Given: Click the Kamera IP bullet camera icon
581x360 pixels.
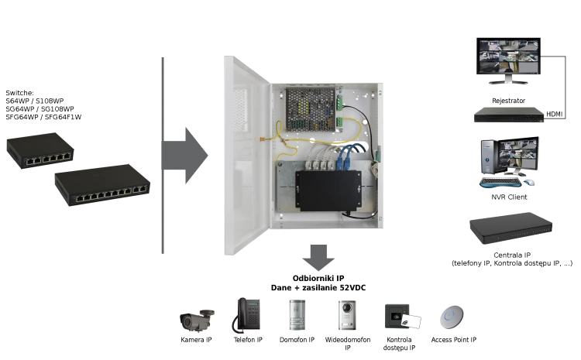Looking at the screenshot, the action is (197, 320).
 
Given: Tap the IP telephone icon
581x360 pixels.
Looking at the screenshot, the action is (246, 315).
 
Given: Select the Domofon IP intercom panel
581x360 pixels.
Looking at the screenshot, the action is (297, 315).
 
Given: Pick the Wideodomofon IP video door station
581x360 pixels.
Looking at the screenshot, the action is (347, 315).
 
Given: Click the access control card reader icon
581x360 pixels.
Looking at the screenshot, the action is (402, 317).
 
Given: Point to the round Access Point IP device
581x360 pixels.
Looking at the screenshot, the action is (452, 317).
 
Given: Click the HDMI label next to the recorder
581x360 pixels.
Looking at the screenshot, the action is (555, 114).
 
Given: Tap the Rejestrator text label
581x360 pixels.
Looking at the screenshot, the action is (508, 101).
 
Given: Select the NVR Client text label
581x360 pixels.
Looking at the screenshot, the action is (509, 197).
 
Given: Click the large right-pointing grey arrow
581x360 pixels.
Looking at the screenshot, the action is (185, 156).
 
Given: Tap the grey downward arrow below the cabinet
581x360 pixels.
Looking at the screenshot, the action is (318, 257).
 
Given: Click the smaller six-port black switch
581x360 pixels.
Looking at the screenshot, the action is (40, 150).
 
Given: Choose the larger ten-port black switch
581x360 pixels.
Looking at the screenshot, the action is (102, 184).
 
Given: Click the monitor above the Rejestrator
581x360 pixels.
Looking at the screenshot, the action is (508, 60).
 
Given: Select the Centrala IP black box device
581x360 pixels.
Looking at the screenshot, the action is (511, 228).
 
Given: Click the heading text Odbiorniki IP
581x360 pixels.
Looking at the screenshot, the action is (318, 278).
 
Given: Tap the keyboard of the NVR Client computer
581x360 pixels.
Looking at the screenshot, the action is (500, 183).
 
